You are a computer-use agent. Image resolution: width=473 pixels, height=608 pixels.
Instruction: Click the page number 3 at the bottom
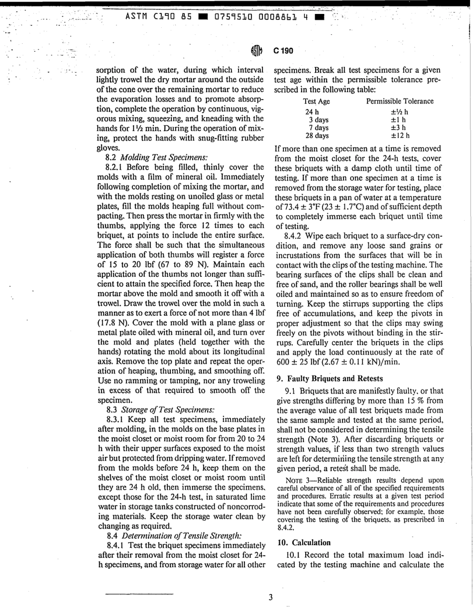coord(271,597)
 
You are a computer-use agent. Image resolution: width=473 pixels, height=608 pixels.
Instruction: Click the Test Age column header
coord(316,102)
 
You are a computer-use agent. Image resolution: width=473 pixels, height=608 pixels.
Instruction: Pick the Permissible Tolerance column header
coord(400,102)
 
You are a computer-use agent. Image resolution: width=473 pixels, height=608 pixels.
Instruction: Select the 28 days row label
coord(317,135)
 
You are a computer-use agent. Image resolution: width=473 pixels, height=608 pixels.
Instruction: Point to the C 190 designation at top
coord(283,51)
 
